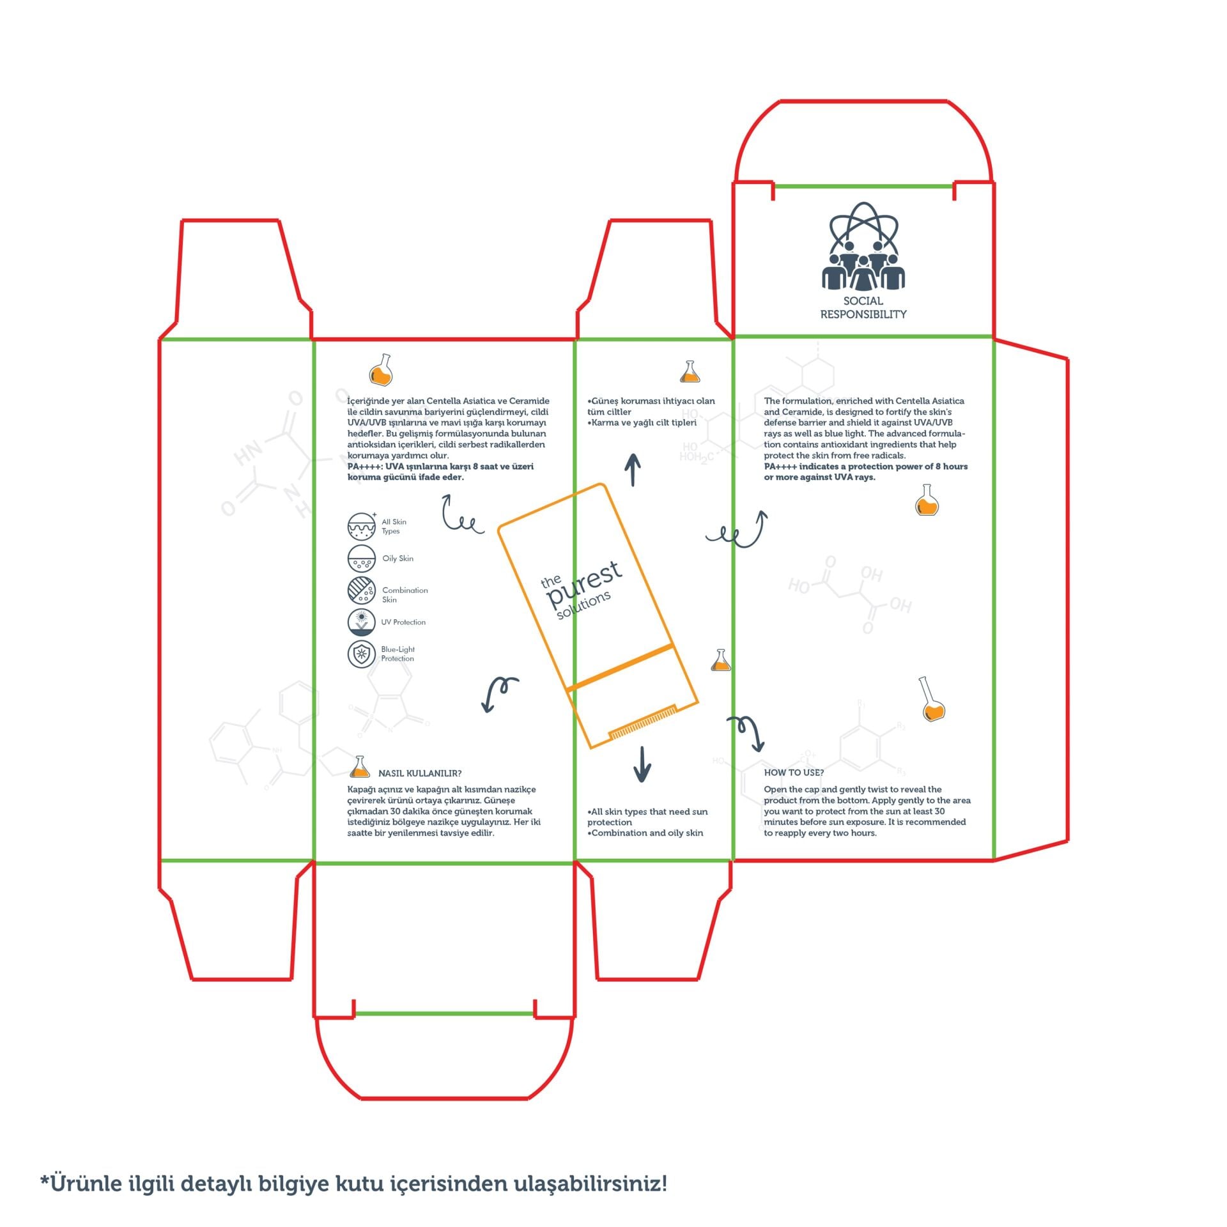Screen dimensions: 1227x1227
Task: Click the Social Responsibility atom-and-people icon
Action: [863, 246]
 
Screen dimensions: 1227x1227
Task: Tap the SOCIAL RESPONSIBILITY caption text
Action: [863, 307]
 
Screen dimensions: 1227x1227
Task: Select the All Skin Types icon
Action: [362, 526]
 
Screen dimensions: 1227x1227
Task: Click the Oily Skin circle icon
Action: [362, 559]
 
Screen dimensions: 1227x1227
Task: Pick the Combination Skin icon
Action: [362, 590]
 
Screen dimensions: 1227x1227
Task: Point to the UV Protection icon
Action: [362, 622]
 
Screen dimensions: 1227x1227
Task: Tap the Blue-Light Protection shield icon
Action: [362, 654]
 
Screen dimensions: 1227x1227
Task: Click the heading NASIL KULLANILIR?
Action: [420, 773]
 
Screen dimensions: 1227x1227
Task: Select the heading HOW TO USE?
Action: [794, 773]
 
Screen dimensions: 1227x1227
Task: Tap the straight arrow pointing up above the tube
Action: [633, 470]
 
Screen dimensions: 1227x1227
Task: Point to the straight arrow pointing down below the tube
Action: [642, 764]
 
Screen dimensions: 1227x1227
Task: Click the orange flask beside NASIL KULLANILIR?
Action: [360, 766]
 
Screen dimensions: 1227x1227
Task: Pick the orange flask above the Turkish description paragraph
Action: [381, 370]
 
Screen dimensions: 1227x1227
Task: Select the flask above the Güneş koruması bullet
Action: [690, 371]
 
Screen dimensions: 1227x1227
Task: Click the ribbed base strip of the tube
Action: [643, 722]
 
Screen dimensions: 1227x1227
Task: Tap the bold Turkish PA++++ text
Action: [440, 472]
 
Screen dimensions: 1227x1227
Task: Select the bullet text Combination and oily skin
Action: [645, 833]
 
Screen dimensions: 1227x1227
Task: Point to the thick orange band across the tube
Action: [620, 667]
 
